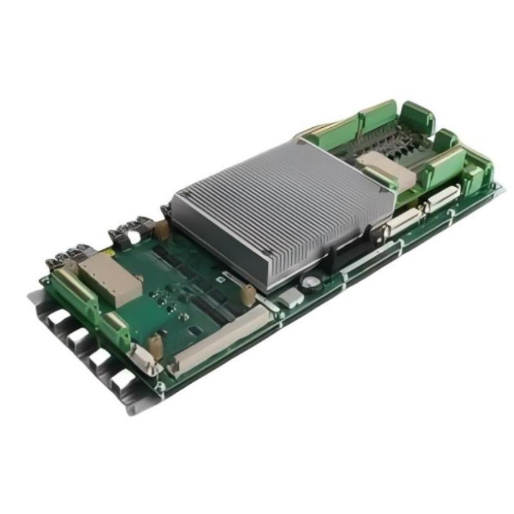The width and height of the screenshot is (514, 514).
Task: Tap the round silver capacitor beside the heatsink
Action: pyautogui.click(x=311, y=281)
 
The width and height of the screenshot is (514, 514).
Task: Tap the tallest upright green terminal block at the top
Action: pyautogui.click(x=379, y=118)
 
